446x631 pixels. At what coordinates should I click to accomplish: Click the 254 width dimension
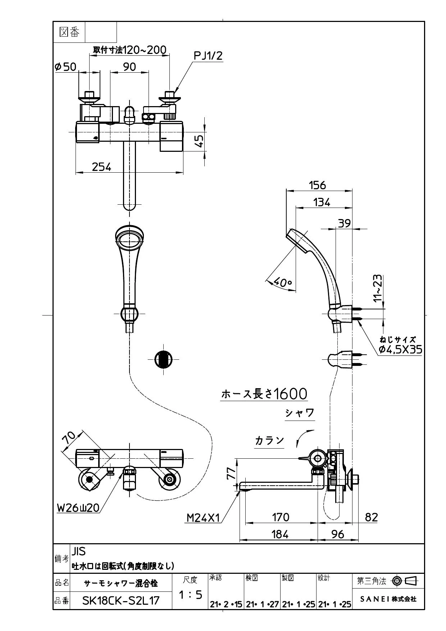[101, 167]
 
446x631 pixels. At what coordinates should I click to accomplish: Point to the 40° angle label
[282, 282]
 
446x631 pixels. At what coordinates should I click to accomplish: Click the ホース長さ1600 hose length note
[264, 394]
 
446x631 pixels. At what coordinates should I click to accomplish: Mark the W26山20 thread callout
[78, 508]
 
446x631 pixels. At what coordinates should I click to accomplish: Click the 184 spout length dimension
[280, 534]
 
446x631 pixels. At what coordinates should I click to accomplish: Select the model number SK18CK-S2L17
[121, 600]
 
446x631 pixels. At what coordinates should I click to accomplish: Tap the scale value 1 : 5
[190, 595]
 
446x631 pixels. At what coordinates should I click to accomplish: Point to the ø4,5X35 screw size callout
[400, 349]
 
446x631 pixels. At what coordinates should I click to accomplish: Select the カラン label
[269, 440]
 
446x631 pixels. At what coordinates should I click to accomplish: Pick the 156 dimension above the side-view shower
[318, 185]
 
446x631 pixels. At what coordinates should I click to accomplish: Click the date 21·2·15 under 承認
[226, 604]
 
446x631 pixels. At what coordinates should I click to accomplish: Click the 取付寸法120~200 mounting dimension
[130, 50]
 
